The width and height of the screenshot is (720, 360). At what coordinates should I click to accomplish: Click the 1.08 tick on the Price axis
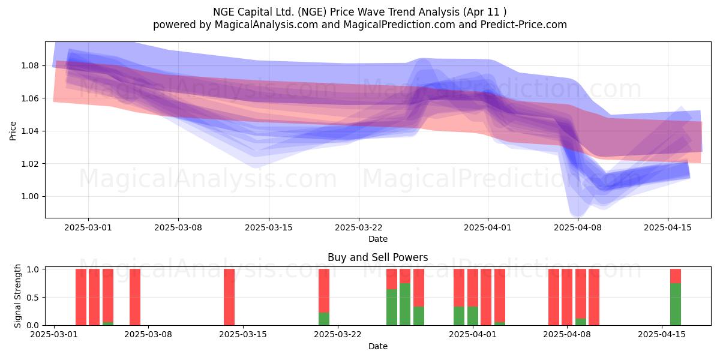(x=30, y=65)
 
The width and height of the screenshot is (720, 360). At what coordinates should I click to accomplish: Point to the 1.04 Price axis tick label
(x=30, y=131)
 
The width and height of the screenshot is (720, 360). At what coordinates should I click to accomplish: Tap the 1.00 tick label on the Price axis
(x=30, y=196)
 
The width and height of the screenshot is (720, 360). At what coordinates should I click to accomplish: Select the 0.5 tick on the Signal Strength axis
(x=33, y=298)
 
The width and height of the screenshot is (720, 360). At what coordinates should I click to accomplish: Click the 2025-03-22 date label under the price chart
(x=359, y=227)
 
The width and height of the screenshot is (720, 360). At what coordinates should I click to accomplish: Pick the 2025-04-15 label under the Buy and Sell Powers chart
(x=661, y=335)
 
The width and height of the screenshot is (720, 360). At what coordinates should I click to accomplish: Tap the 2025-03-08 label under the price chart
(x=178, y=227)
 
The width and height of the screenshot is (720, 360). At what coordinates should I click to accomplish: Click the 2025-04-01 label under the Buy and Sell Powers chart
(x=473, y=335)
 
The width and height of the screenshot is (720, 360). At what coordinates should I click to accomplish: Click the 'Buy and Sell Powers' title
(x=377, y=257)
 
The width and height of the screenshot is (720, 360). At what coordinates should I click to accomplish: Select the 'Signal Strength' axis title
(x=17, y=296)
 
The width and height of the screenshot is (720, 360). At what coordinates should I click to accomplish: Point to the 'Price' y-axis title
(x=13, y=131)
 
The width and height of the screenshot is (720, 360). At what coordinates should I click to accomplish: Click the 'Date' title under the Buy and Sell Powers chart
(x=377, y=347)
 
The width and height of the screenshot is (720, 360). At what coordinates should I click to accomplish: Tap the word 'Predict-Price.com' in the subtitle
(x=523, y=25)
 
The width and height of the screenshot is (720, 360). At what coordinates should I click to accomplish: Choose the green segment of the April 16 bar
(x=676, y=304)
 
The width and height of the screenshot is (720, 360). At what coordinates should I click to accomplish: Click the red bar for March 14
(x=229, y=297)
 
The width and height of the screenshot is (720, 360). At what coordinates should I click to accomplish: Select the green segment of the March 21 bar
(x=324, y=319)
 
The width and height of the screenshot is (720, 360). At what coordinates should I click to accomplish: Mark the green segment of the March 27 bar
(x=405, y=304)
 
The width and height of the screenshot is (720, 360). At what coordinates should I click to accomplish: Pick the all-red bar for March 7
(x=135, y=297)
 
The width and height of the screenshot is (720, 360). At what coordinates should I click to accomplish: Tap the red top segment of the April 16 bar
(x=676, y=276)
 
